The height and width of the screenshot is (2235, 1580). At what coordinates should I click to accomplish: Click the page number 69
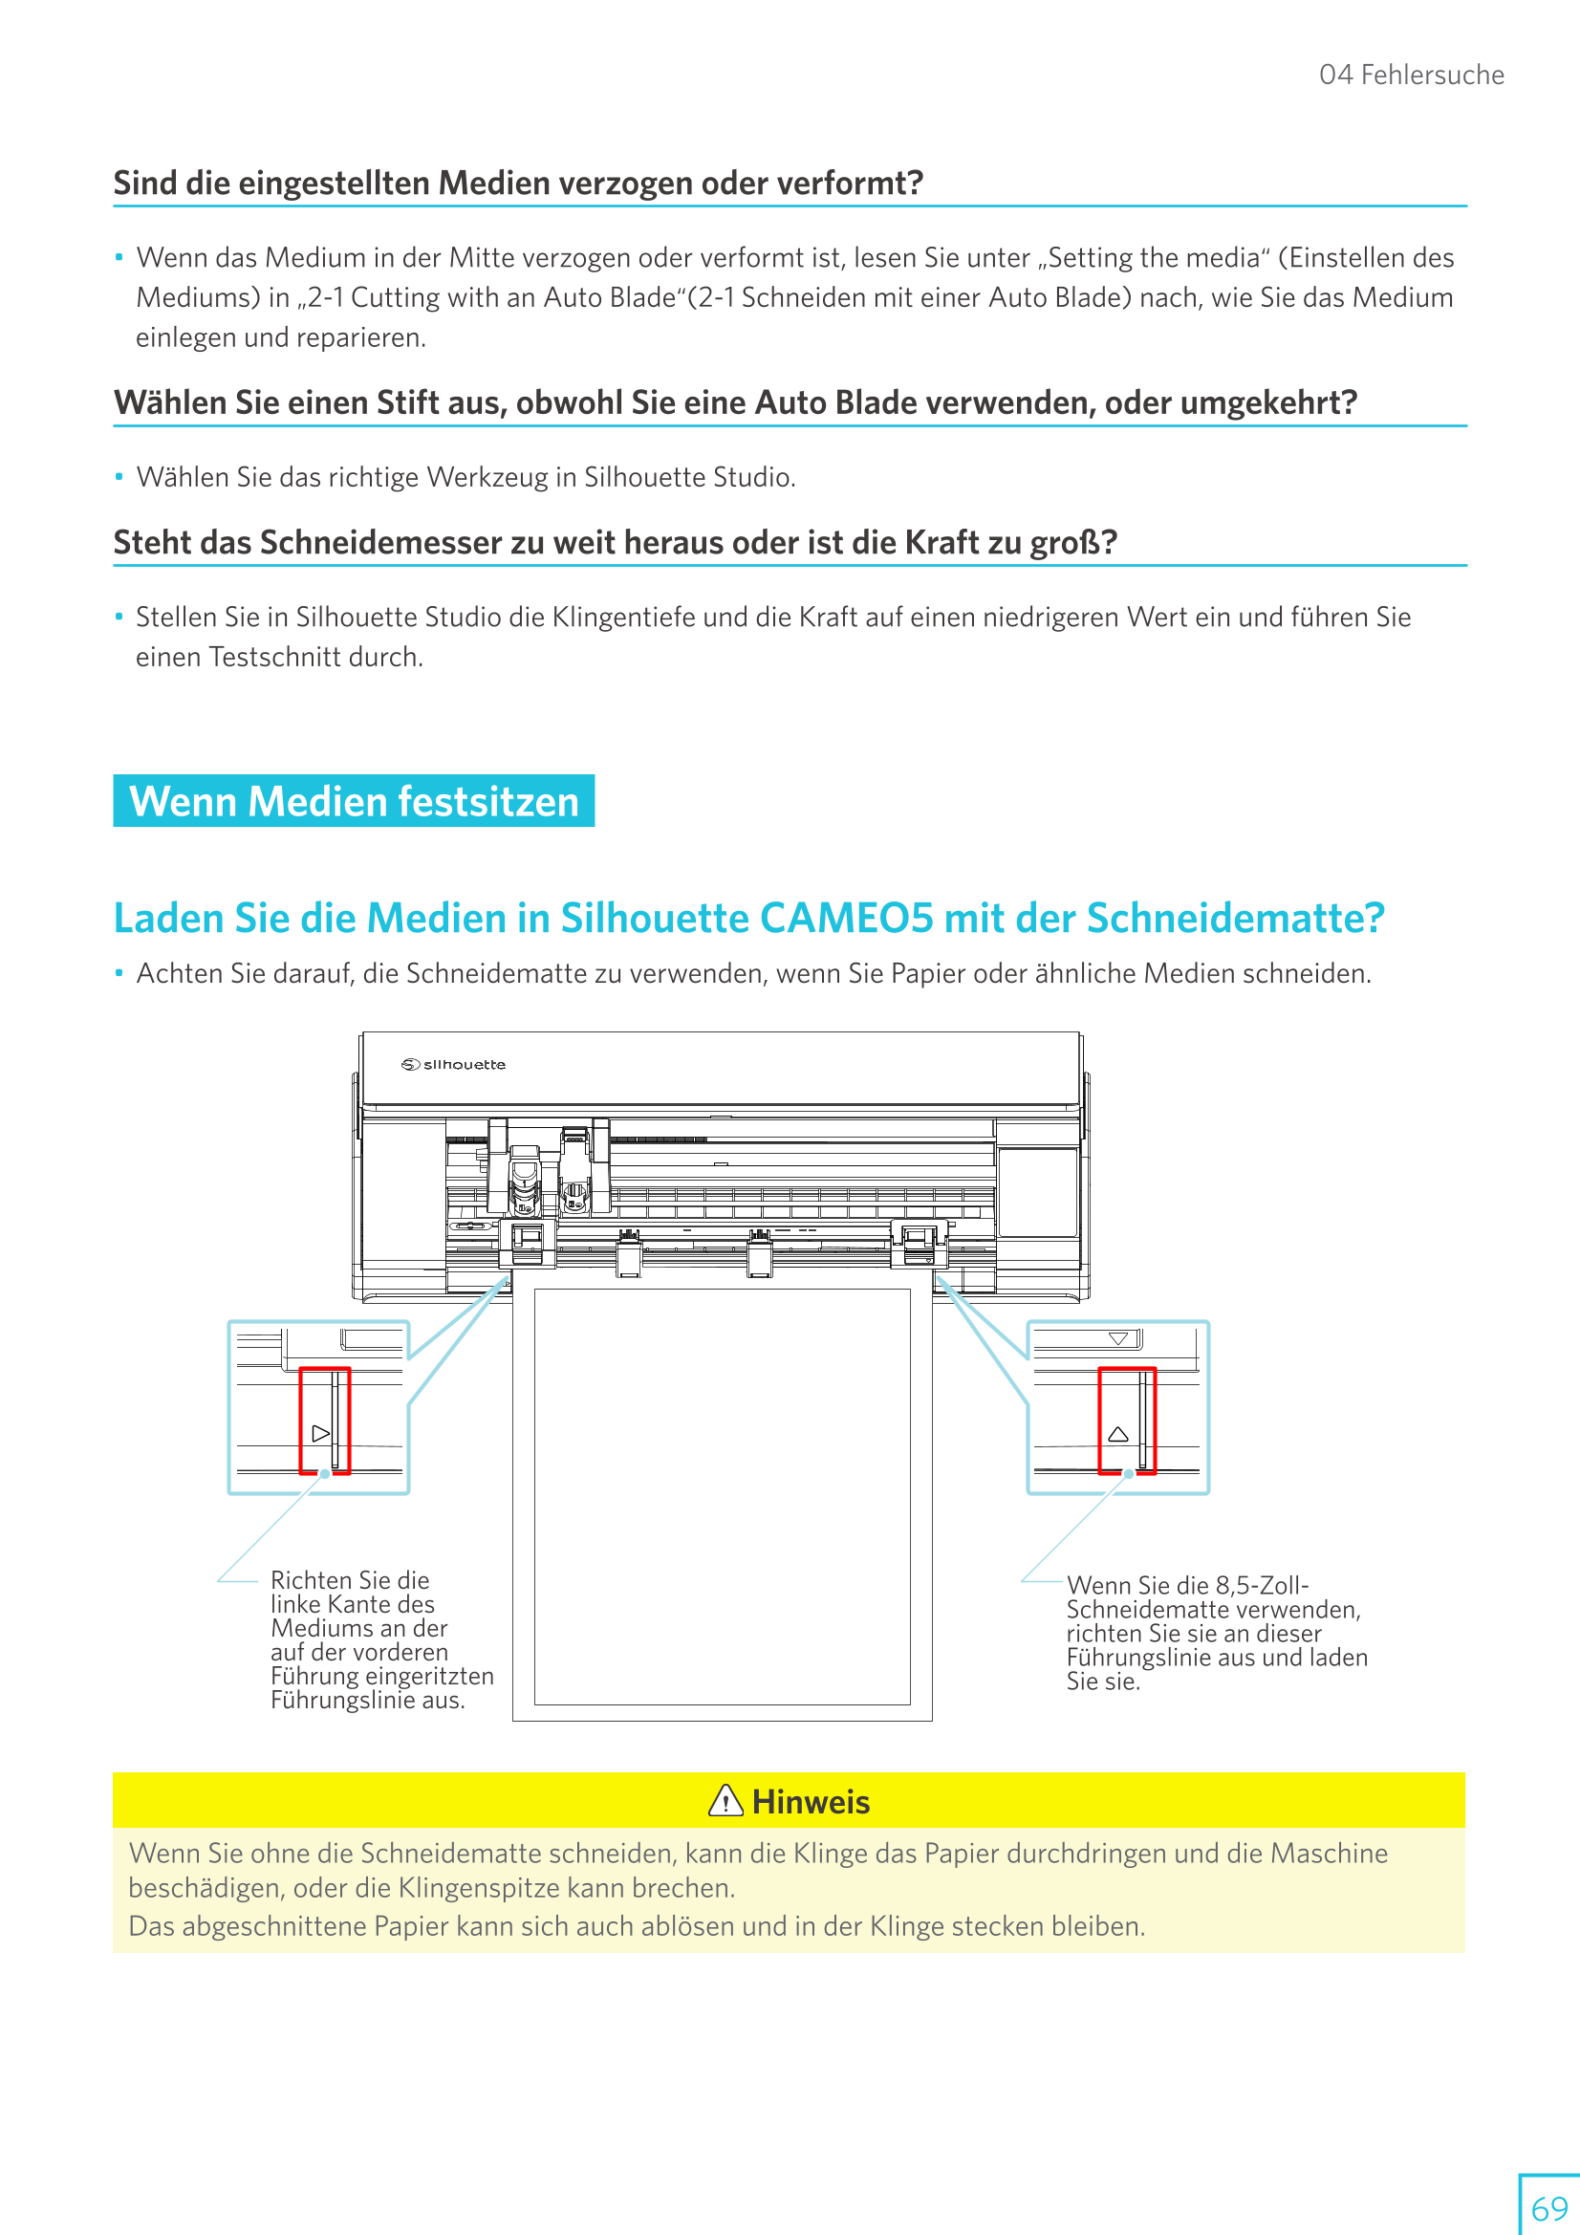1548,2207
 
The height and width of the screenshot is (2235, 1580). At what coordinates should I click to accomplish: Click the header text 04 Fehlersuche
1411,75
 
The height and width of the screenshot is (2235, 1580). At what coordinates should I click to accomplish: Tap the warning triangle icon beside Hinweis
725,1801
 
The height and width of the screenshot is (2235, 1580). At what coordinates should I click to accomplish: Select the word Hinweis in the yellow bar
811,1802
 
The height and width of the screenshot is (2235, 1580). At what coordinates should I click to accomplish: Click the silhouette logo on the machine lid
454,1064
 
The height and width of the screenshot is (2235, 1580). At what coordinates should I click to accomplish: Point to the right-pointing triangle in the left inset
320,1433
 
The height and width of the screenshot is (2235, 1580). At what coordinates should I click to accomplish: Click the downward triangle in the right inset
1117,1339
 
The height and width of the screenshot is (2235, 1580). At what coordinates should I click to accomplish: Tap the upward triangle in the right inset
1117,1434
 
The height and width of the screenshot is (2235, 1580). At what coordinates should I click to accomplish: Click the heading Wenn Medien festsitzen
354,801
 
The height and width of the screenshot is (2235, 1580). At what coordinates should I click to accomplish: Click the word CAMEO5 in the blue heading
845,918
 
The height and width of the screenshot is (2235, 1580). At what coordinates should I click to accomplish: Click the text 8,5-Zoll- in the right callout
1262,1585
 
